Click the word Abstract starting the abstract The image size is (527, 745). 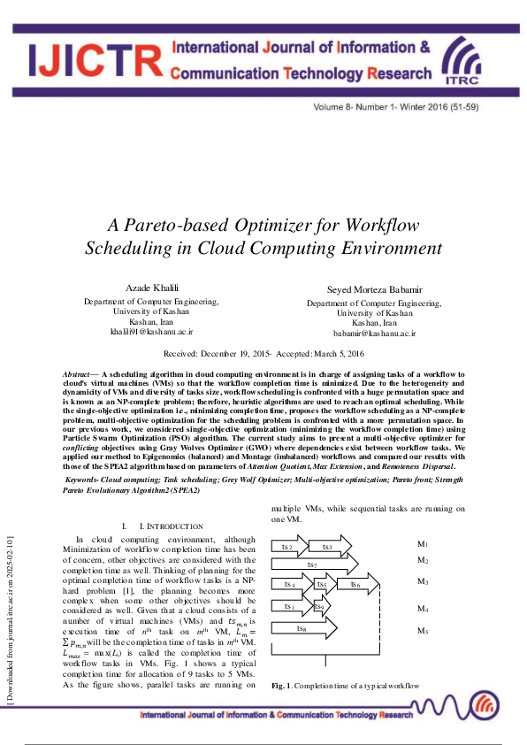pyautogui.click(x=78, y=375)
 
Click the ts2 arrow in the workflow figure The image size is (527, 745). pyautogui.click(x=289, y=547)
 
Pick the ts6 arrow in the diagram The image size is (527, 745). pyautogui.click(x=355, y=584)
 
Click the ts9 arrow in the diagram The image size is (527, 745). pyautogui.click(x=319, y=607)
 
